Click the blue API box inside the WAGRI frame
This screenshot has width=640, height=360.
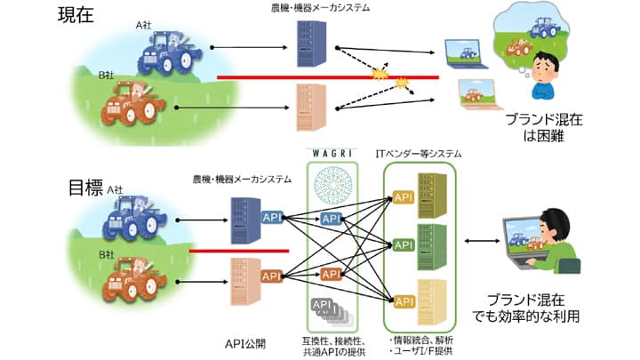(x=331, y=219)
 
